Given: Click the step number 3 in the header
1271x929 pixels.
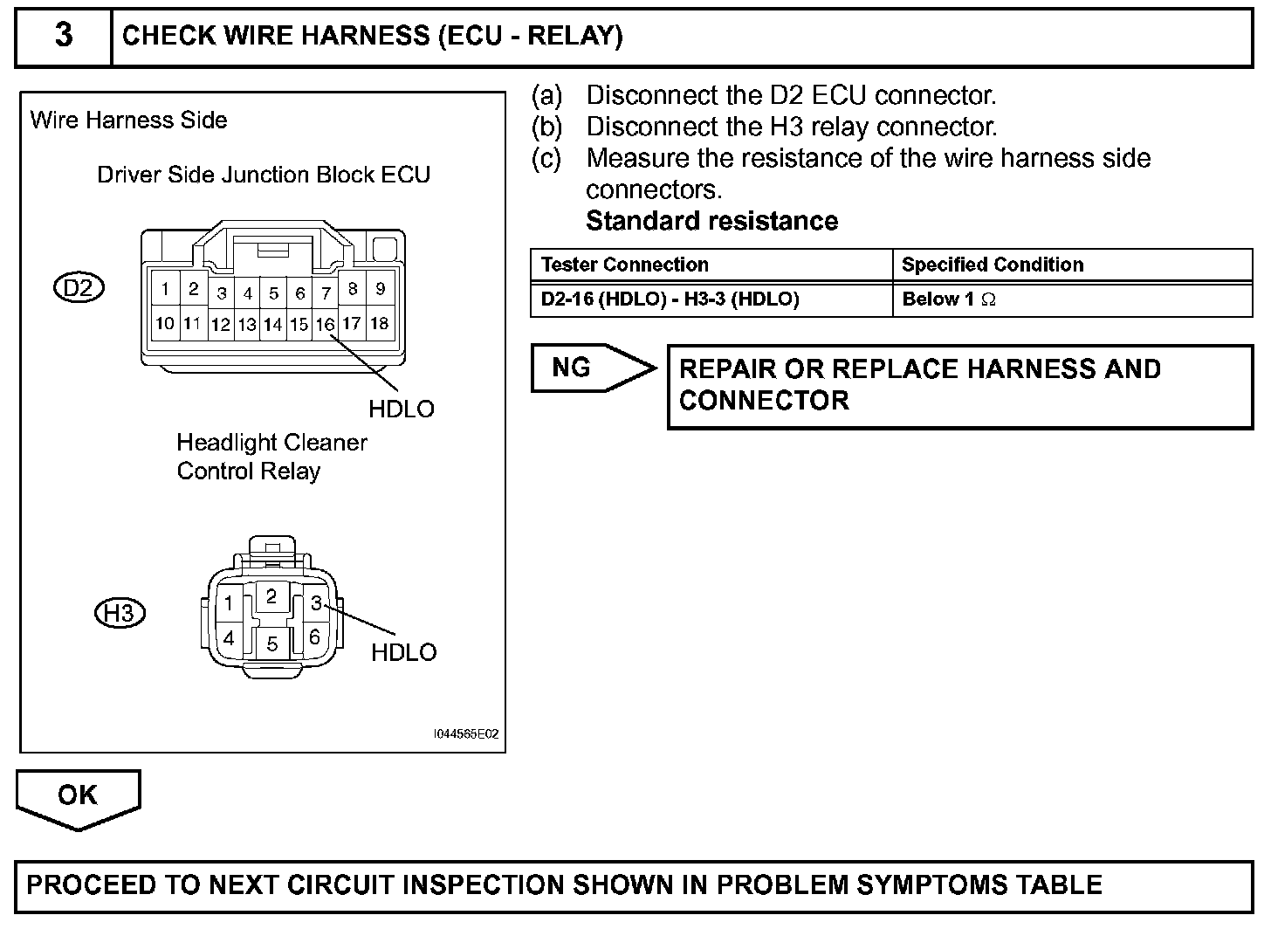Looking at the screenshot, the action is click(x=64, y=36).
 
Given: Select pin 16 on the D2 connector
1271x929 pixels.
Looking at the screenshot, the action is click(x=325, y=325).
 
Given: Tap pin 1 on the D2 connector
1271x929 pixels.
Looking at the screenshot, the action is click(x=165, y=289).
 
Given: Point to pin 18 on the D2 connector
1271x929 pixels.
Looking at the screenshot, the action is click(x=379, y=323).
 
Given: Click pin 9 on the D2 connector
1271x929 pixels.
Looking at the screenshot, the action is click(x=379, y=288).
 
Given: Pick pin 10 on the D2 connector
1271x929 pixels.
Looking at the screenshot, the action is click(x=165, y=324).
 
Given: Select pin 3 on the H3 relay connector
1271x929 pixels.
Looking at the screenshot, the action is click(x=316, y=603).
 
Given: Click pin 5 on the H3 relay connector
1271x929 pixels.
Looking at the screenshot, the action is click(x=271, y=644).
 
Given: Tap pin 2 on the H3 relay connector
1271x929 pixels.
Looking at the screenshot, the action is click(x=271, y=596).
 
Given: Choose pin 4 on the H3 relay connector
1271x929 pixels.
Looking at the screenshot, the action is click(x=228, y=638).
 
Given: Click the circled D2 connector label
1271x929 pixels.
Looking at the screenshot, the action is click(x=79, y=287).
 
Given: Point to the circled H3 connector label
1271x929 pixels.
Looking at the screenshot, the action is click(x=119, y=613).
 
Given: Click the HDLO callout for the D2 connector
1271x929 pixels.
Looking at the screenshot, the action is click(x=401, y=409).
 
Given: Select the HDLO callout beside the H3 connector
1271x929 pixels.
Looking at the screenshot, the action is click(x=403, y=652).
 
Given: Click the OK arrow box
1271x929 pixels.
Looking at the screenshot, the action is click(x=78, y=796).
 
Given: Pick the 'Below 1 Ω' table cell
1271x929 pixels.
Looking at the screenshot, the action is click(x=949, y=299).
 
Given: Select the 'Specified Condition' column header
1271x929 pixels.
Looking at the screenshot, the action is click(x=993, y=265).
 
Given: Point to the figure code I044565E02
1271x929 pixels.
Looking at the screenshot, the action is click(x=467, y=734).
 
